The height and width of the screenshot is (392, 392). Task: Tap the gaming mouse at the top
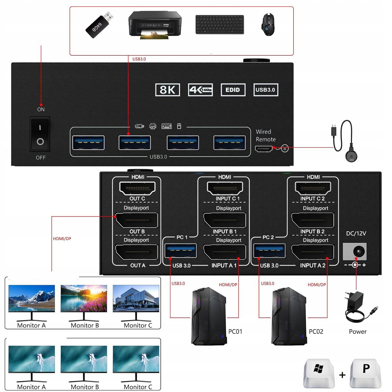268,25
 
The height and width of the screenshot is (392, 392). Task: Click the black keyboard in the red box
220,24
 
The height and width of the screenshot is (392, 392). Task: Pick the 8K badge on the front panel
168,90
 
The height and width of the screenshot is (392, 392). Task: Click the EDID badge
233,90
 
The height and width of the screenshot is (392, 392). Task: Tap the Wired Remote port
264,149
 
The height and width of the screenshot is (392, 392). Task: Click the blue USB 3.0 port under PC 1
181,251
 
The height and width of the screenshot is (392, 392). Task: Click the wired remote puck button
351,156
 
